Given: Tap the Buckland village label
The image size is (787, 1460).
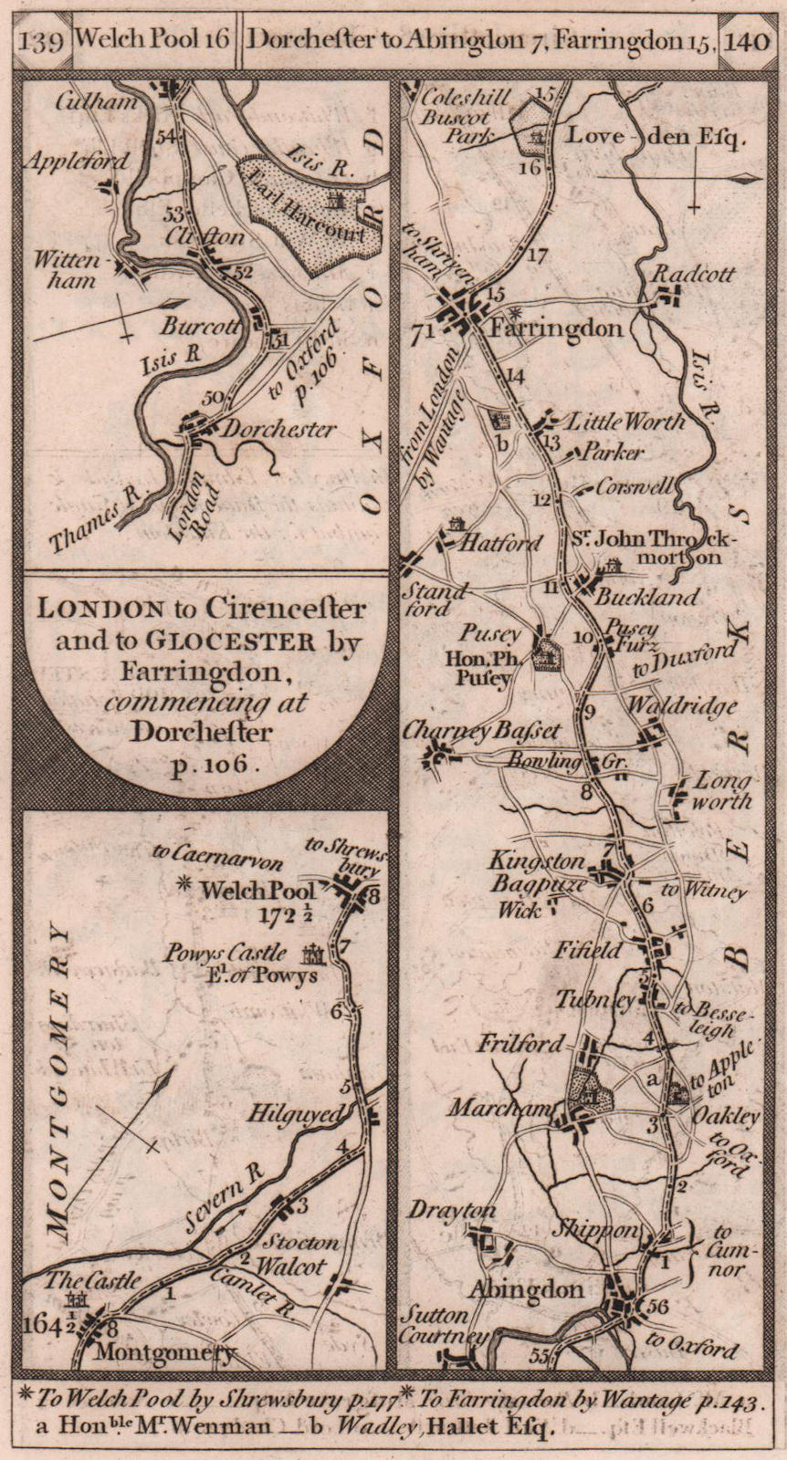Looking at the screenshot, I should pos(646,597).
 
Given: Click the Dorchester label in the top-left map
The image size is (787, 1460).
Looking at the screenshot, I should pos(279,429).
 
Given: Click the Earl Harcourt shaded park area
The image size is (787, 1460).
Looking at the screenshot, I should pos(310,214).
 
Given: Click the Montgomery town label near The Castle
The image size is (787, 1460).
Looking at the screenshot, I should pos(170,1354).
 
